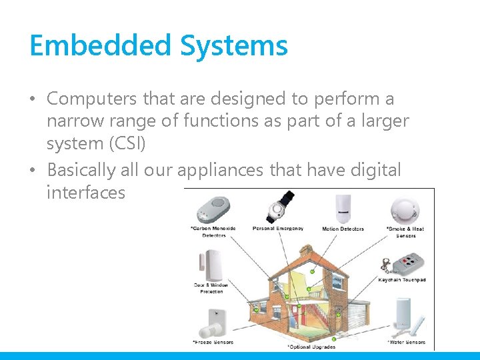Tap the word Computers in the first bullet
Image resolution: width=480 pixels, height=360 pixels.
93,99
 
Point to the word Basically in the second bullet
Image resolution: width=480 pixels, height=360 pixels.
81,170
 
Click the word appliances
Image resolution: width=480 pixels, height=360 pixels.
220,171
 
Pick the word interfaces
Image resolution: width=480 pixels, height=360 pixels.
86,193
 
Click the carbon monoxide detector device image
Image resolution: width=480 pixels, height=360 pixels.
213,209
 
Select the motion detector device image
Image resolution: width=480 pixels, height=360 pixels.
343,209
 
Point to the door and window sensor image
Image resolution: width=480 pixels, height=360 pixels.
211,265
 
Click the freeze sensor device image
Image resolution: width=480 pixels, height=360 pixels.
213,323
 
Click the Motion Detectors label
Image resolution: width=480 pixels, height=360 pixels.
343,229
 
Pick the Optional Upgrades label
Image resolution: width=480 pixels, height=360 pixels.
311,347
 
